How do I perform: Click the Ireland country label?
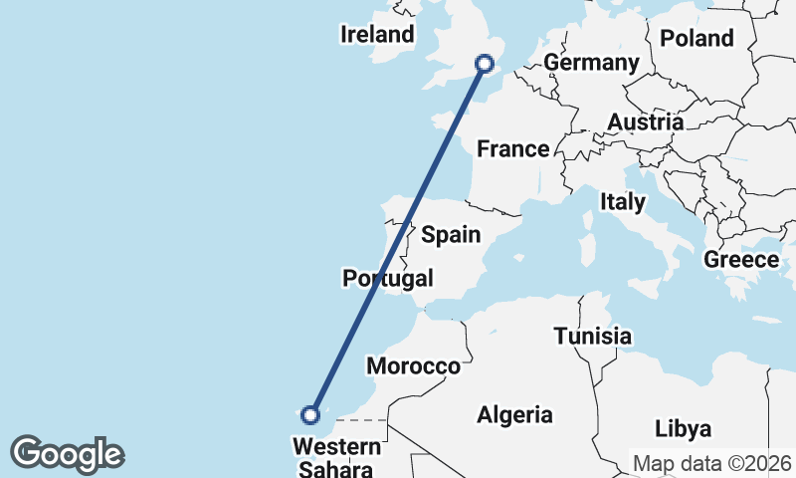pyautogui.click(x=377, y=35)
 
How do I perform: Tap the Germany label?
pyautogui.click(x=591, y=63)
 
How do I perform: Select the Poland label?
pyautogui.click(x=696, y=39)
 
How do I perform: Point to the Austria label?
pyautogui.click(x=646, y=122)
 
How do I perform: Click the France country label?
pyautogui.click(x=513, y=149)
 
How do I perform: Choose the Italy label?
pyautogui.click(x=622, y=202)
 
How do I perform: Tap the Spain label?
pyautogui.click(x=451, y=235)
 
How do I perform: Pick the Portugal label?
pyautogui.click(x=388, y=278)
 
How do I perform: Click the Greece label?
pyautogui.click(x=741, y=260)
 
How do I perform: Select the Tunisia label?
pyautogui.click(x=593, y=337)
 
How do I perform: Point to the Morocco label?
pyautogui.click(x=414, y=366)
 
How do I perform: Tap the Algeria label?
pyautogui.click(x=514, y=414)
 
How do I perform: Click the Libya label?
pyautogui.click(x=684, y=429)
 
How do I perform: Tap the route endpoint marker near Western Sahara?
pyautogui.click(x=311, y=414)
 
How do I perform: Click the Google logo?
pyautogui.click(x=67, y=454)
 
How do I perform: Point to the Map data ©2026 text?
pyautogui.click(x=712, y=464)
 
